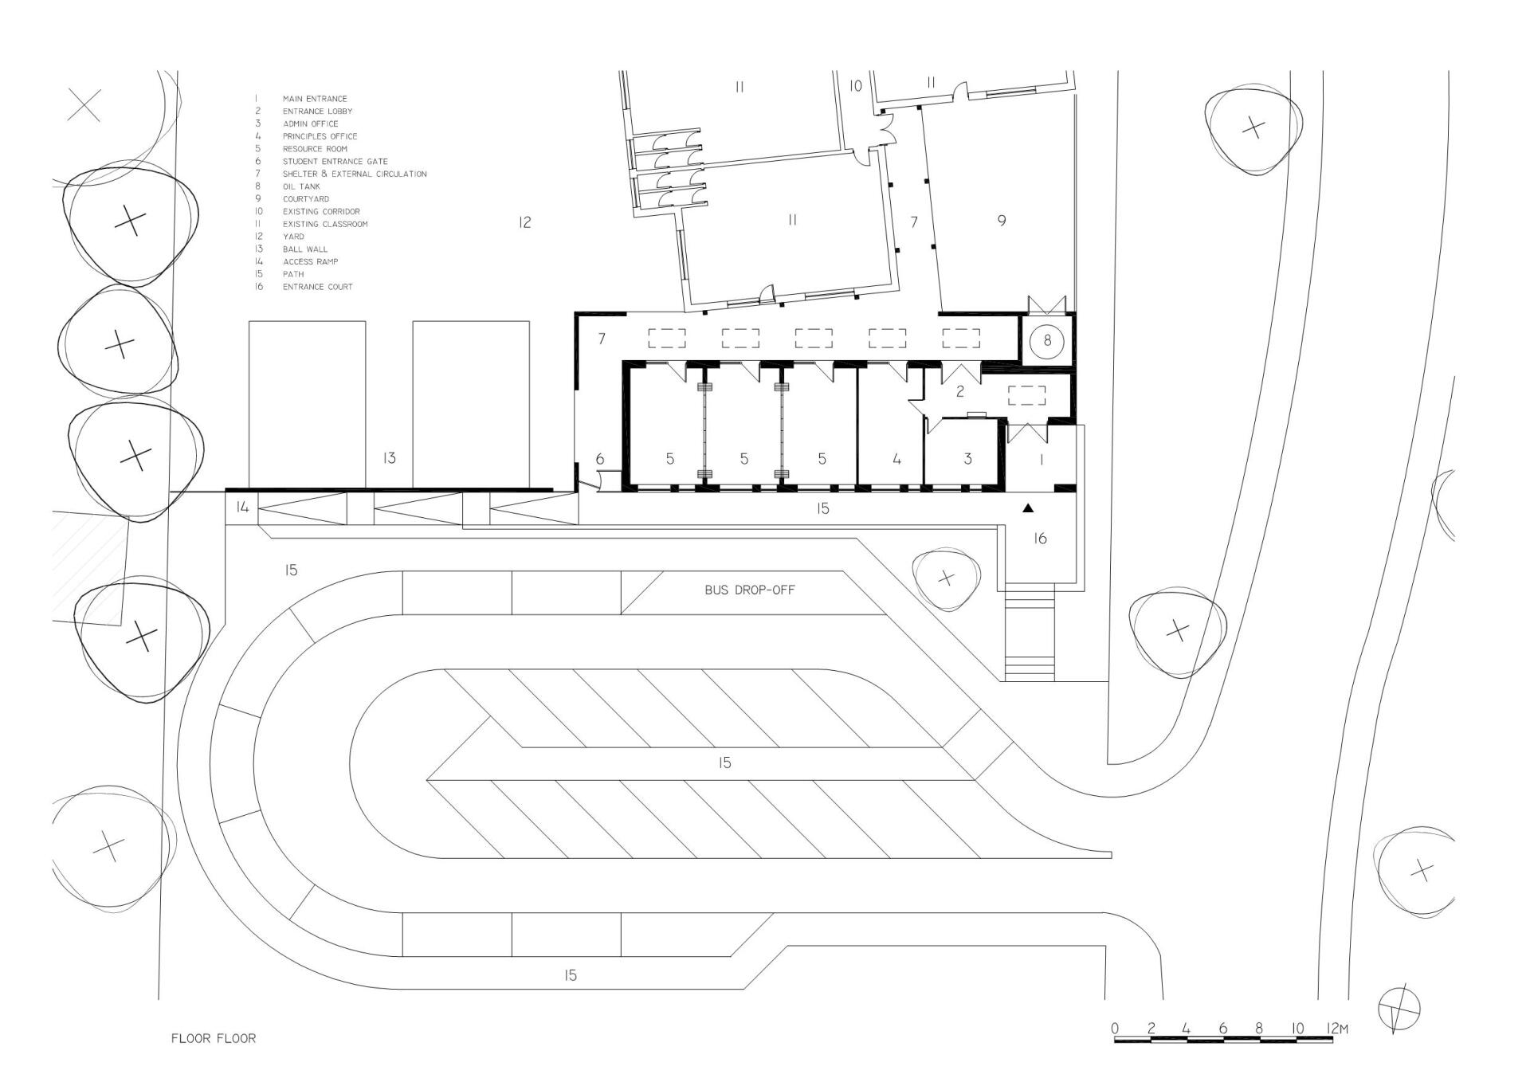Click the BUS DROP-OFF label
coord(750,590)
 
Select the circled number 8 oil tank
coord(1047,341)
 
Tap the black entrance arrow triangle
coord(1028,508)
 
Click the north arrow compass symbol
coord(1399,1009)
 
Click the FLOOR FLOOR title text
coord(214,1039)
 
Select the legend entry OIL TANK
coord(301,186)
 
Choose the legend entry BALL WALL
coord(304,249)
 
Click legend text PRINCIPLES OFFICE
coord(320,136)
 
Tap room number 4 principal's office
coord(896,459)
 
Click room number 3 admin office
coord(967,459)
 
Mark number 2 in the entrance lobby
coord(960,391)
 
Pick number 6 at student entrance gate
coord(600,459)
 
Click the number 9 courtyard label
coord(1002,221)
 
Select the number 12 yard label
coord(524,223)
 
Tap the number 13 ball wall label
coord(389,458)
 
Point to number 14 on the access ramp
coord(242,507)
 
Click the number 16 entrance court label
coord(1040,539)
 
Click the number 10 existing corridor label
coord(855,86)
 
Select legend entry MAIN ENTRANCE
coord(315,99)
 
